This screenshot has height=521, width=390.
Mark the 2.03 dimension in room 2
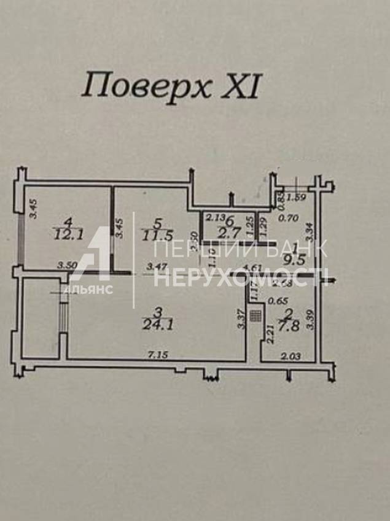tap(291, 355)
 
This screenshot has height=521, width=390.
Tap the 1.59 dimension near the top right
tap(297, 197)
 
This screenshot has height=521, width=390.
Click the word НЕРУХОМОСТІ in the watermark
tap(241, 279)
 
